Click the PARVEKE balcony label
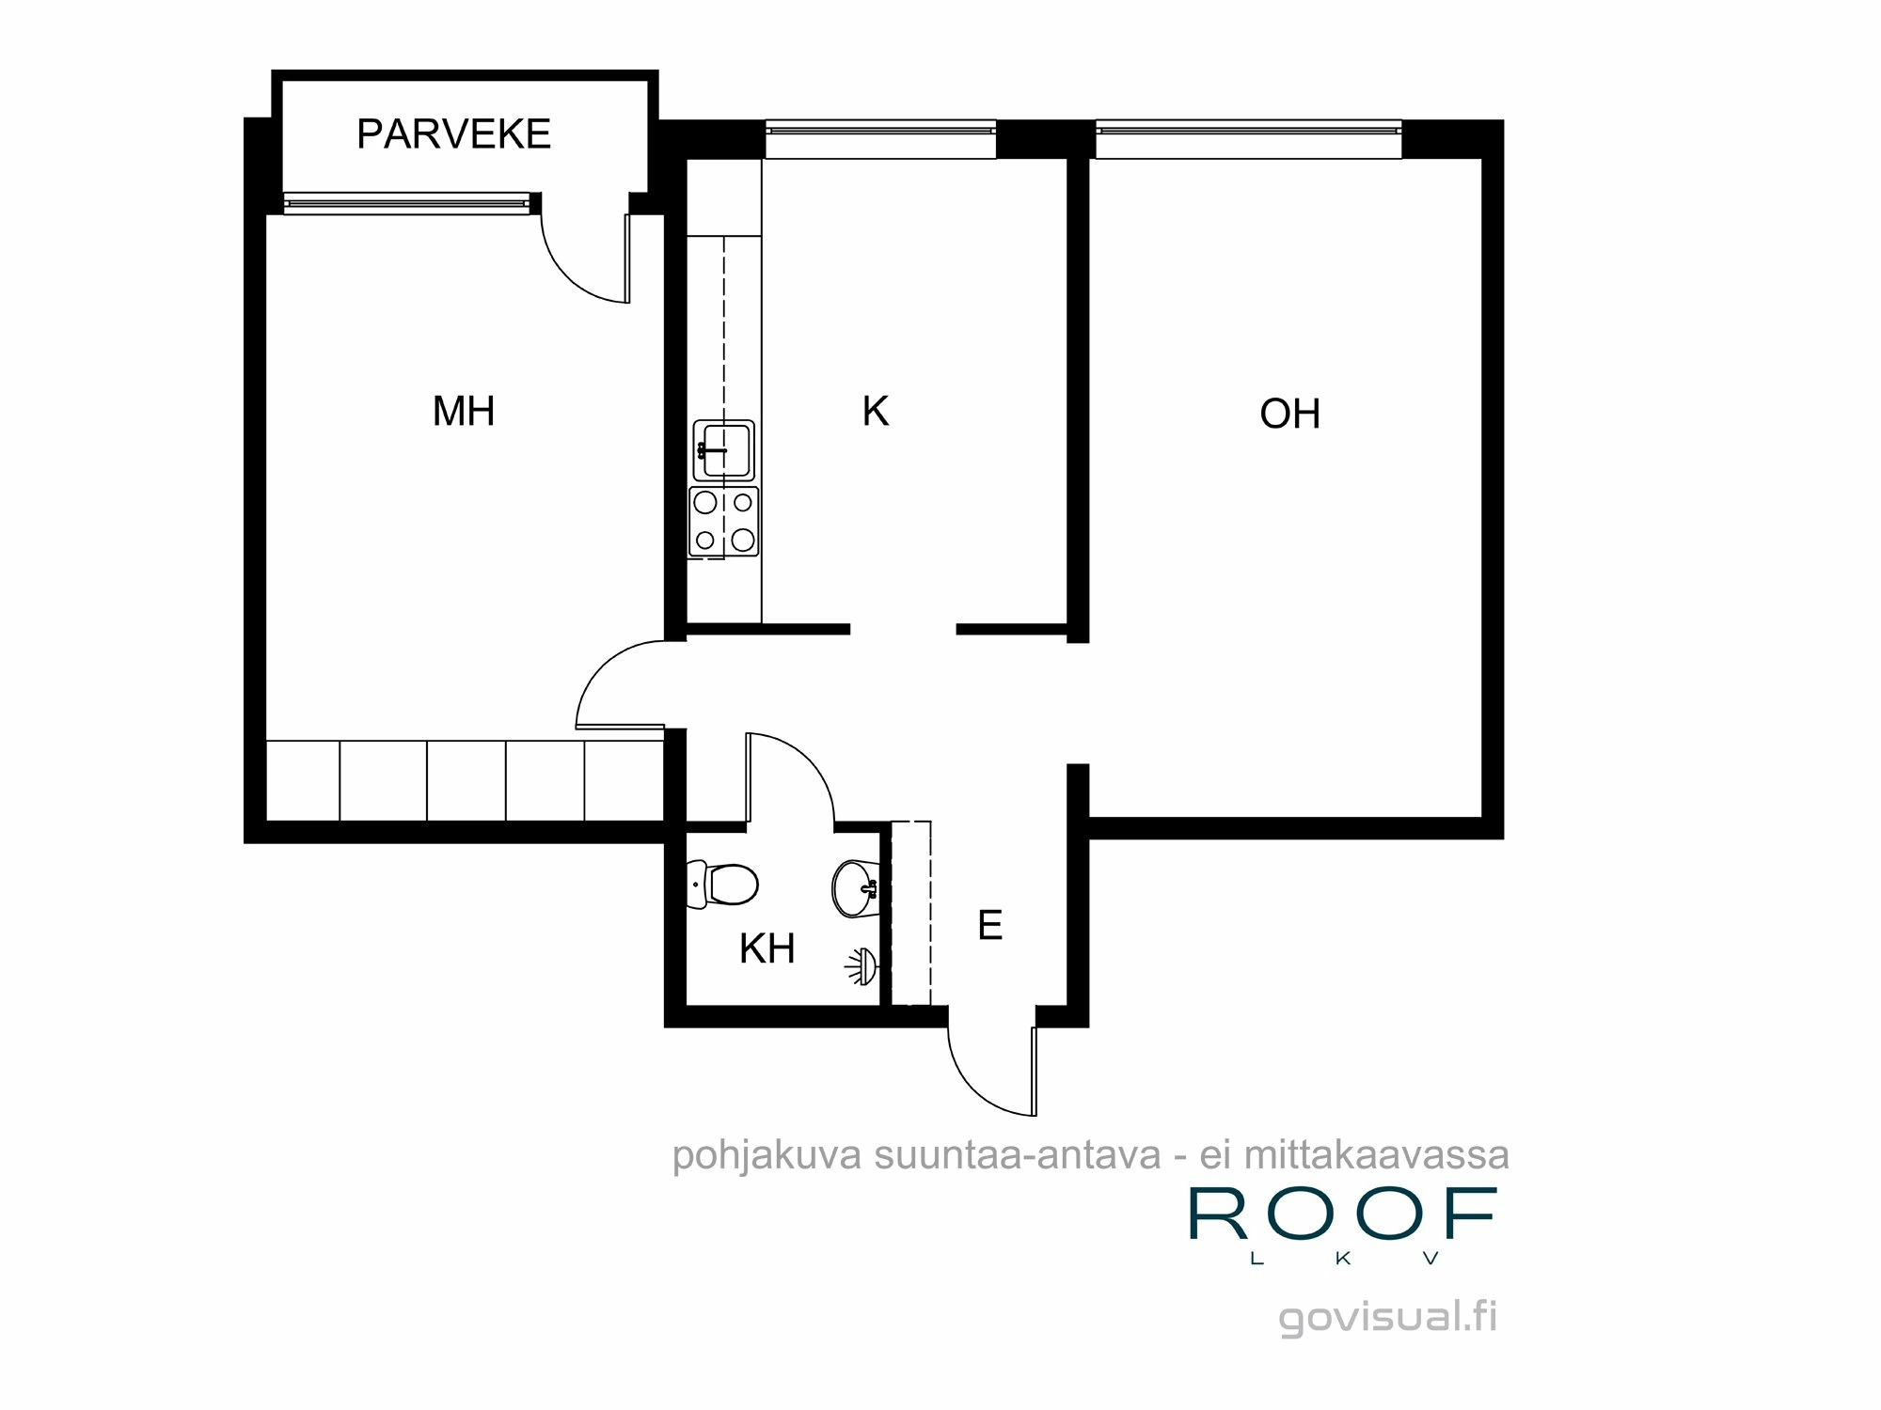[x=453, y=134]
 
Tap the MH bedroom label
[x=463, y=412]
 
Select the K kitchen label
[x=875, y=412]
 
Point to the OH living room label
[x=1289, y=415]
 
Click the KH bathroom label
[x=767, y=949]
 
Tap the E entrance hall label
[x=989, y=926]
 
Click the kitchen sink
[x=723, y=450]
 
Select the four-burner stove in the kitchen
[x=723, y=521]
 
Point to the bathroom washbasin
[x=855, y=887]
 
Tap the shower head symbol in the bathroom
[x=861, y=965]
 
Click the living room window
[x=1248, y=139]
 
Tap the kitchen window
[x=880, y=139]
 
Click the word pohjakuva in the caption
[x=766, y=1155]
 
